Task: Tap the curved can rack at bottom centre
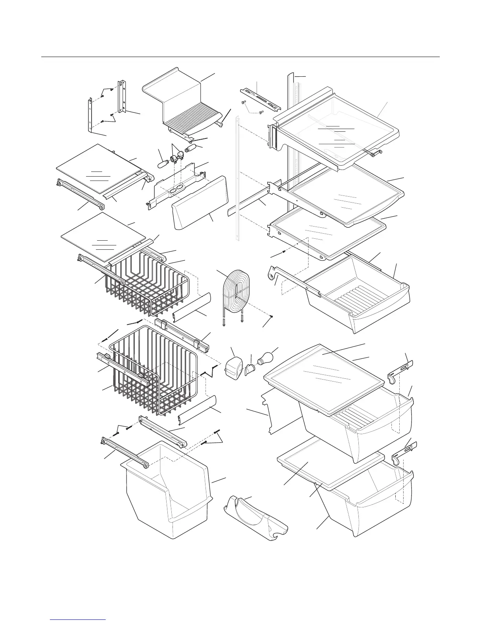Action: (255, 515)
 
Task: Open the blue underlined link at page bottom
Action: (78, 619)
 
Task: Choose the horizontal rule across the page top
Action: (240, 57)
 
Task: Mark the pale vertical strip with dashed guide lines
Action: (237, 177)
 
